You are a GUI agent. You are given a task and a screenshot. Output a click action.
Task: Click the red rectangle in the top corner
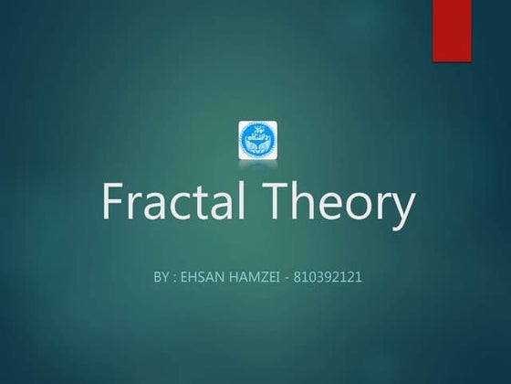451,30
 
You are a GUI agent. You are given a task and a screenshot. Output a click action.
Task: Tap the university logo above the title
256,138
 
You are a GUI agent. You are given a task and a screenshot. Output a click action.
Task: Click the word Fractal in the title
168,204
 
